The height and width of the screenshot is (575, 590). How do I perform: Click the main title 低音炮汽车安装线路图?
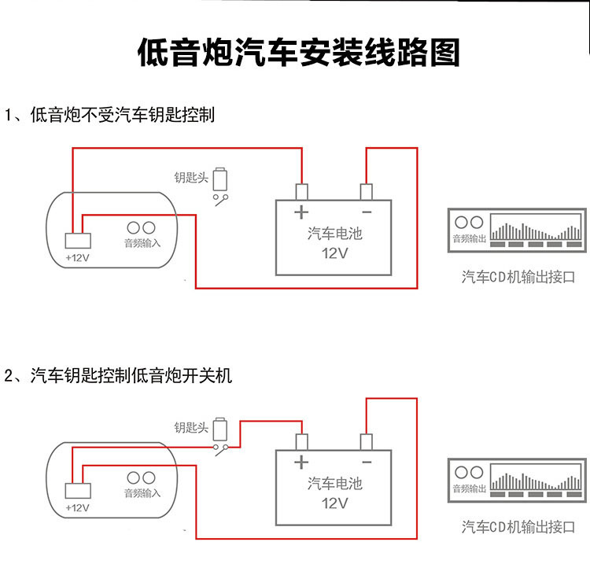pos(298,54)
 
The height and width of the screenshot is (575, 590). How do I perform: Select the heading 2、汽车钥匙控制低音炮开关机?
pos(118,375)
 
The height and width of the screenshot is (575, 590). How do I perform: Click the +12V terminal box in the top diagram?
pos(77,241)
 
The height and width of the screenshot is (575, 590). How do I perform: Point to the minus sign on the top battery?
pos(366,212)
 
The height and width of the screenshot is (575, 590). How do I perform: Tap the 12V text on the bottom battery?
pos(334,503)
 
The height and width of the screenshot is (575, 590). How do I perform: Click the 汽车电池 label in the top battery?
pos(334,234)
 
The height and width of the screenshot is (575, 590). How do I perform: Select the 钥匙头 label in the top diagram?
pos(190,178)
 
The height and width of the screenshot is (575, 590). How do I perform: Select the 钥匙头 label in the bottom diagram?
pos(190,428)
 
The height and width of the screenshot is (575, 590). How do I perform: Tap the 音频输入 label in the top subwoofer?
pos(142,243)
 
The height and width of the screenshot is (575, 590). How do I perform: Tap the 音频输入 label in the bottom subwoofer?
pos(142,493)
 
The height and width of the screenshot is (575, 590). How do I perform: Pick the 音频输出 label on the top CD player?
pos(469,239)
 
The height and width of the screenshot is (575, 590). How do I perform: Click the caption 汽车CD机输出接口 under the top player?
pos(518,276)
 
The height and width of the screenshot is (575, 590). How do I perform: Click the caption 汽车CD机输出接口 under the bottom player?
pos(518,526)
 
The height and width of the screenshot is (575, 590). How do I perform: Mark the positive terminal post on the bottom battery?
pos(301,441)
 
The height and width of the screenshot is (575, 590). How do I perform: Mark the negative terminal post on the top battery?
pos(366,191)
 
